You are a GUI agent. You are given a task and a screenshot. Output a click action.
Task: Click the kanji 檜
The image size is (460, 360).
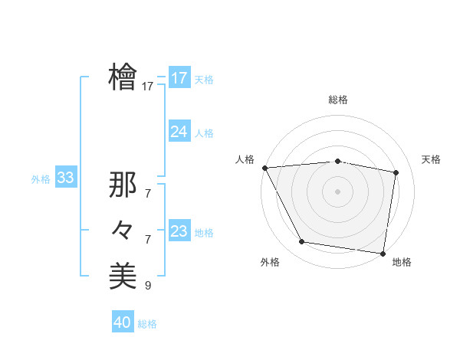[x=123, y=77]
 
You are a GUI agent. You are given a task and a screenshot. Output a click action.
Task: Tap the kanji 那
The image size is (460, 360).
[x=123, y=185]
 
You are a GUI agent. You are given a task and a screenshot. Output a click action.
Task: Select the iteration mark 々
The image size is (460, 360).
[x=123, y=230]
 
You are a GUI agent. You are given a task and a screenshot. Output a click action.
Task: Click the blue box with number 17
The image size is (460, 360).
[x=179, y=78]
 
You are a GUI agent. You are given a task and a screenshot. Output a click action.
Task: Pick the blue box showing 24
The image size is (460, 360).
[x=179, y=132]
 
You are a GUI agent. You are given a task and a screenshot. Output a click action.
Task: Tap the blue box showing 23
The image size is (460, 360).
[x=179, y=231]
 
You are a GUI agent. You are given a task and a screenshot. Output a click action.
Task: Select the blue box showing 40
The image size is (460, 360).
[x=123, y=322]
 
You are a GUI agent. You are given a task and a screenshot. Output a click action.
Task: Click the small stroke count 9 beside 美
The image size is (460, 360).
[x=148, y=286]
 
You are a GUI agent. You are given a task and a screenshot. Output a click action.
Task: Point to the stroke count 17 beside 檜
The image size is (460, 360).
[x=148, y=87]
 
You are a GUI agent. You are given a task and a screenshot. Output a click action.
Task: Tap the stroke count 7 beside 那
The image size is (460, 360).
[x=148, y=195]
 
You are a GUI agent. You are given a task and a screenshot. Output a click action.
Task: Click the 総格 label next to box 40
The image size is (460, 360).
[x=147, y=324]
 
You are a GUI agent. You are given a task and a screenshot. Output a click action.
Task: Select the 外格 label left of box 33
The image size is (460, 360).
[x=41, y=180]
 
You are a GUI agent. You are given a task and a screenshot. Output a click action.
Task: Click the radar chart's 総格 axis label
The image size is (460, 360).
[x=338, y=100]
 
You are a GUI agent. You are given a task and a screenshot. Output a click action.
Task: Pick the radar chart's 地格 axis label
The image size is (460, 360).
[x=402, y=262]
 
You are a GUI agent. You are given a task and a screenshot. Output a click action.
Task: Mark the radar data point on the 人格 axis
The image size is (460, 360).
[x=264, y=168]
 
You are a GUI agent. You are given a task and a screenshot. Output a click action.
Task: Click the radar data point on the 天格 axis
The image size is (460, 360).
[x=396, y=172]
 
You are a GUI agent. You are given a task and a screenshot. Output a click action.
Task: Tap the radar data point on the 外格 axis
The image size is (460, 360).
[x=302, y=242]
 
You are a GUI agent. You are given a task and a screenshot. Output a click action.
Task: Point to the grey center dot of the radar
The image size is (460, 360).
[x=338, y=191]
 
